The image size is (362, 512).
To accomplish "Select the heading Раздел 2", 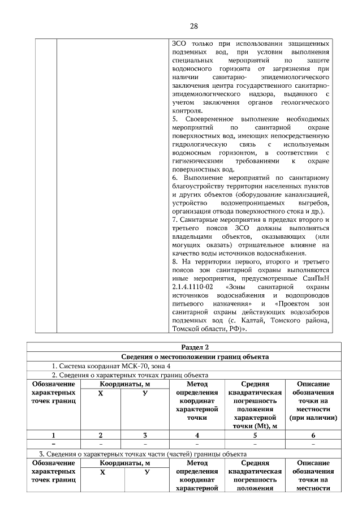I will pyautogui.click(x=194, y=347).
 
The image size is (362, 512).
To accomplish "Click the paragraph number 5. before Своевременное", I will pyautogui.click(x=175, y=119).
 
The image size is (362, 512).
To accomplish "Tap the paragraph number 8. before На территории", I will pyautogui.click(x=175, y=262).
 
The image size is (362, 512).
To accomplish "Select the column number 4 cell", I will pyautogui.click(x=197, y=435).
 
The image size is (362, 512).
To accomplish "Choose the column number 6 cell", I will pyautogui.click(x=313, y=435).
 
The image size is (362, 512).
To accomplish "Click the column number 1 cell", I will pyautogui.click(x=53, y=435).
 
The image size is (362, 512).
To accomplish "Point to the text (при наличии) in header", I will pyautogui.click(x=313, y=417).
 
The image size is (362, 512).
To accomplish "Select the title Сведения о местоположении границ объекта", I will pyautogui.click(x=194, y=356).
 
